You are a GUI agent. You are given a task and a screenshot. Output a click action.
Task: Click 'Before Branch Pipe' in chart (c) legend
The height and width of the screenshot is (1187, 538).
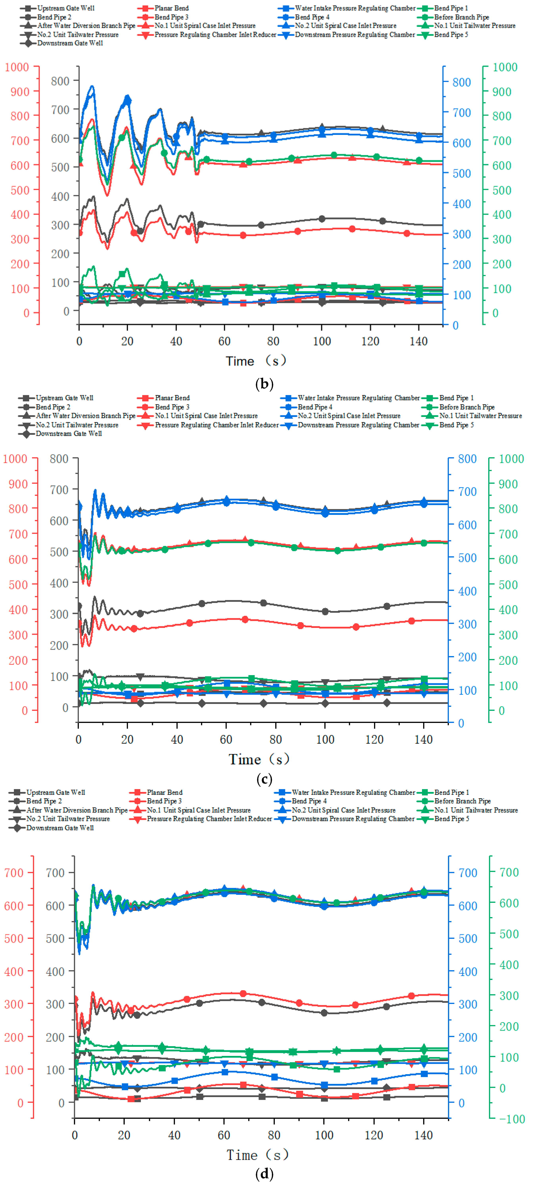click(467, 407)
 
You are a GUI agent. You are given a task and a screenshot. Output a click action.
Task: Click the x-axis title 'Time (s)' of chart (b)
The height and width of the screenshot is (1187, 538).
click(256, 361)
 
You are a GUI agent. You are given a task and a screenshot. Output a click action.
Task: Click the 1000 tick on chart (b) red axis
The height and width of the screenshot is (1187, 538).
click(17, 67)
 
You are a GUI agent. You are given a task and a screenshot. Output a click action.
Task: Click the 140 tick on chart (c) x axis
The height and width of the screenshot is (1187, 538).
click(423, 740)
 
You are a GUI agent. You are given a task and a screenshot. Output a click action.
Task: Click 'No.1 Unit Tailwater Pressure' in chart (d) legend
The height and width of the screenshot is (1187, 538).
click(476, 810)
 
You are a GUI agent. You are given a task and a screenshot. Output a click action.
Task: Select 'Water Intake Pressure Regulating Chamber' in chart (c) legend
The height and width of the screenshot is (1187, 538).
click(358, 398)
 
